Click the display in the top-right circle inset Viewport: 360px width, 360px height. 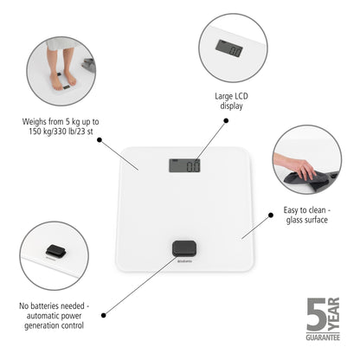coord(235,50)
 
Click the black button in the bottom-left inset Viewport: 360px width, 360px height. coord(56,247)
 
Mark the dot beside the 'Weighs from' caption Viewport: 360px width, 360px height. coord(100,138)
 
